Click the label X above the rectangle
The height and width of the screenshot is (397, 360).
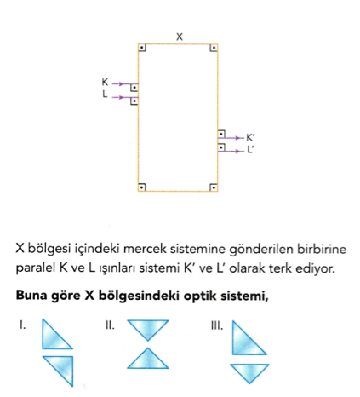pos(180,37)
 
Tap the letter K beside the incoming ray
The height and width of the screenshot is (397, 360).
pos(105,82)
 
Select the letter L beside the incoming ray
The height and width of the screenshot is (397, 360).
pos(105,94)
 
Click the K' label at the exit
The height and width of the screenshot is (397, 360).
pos(250,138)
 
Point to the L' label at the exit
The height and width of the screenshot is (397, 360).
pos(250,149)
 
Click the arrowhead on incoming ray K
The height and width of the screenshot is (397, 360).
pos(121,83)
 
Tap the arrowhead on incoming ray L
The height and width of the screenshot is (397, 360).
pos(121,97)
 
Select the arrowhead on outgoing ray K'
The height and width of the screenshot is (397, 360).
pos(237,138)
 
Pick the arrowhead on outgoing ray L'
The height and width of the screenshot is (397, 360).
pos(237,152)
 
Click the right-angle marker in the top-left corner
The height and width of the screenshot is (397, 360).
pos(142,48)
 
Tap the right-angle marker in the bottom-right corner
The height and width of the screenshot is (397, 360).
pos(214,187)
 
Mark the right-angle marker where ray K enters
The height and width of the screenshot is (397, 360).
pos(134,88)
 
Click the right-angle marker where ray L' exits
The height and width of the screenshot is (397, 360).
pos(221,147)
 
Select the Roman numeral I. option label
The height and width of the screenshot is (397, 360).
pos(23,325)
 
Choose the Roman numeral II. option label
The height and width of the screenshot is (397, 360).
pos(110,325)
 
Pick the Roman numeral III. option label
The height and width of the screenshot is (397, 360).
pos(217,325)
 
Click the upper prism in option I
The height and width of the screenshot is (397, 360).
pos(54,338)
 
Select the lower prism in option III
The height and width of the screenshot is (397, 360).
pos(249,371)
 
